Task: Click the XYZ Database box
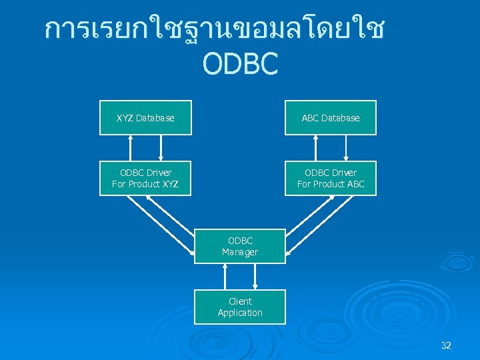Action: [145, 118]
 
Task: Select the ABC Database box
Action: [330, 118]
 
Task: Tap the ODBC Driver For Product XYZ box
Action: [145, 178]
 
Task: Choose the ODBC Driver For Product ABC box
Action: [330, 178]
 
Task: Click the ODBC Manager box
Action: [240, 246]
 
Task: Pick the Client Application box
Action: [240, 307]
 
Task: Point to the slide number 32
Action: [446, 345]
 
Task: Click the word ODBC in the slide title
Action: [239, 64]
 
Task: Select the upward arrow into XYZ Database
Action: [131, 148]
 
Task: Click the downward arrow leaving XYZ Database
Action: [161, 148]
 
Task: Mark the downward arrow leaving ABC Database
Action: [346, 148]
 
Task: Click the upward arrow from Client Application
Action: [225, 277]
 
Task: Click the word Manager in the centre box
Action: [240, 252]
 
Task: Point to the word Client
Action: [240, 301]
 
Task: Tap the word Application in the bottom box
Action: [240, 313]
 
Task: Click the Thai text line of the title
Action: [213, 30]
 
